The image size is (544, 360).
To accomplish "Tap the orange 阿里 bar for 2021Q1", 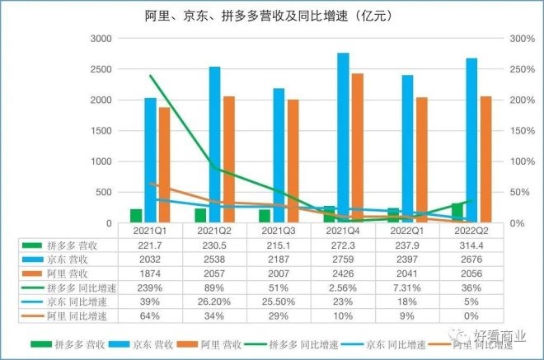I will pos(164,165).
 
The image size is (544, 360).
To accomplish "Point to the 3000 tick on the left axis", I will pos(101,39).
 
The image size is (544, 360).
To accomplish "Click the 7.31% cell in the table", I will pos(406,288).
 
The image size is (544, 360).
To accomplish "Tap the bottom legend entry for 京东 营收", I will pos(124,341).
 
